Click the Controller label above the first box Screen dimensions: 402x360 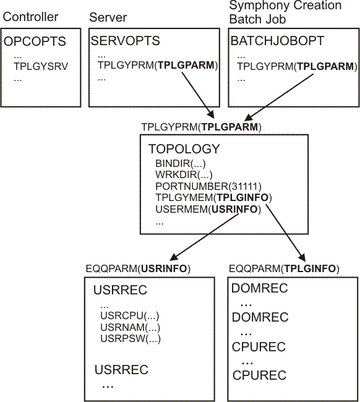31,17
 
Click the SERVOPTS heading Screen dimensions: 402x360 125,41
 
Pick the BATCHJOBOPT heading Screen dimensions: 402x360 276,41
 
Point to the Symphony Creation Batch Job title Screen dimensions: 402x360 285,12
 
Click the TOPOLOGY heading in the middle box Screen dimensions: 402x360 184,149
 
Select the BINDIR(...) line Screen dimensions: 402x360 180,164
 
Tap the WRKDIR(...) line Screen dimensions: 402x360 181,175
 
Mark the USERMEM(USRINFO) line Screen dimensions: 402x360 208,210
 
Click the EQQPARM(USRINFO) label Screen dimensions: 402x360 137,269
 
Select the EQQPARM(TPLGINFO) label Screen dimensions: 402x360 284,269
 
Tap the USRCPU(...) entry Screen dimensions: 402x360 129,316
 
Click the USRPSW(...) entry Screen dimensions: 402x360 130,338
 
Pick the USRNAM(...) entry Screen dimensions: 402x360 130,327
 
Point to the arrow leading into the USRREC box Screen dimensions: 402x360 198,239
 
